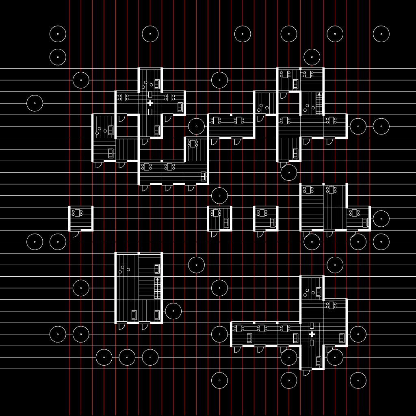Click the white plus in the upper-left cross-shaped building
tap(150, 103)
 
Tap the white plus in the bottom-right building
tap(312, 334)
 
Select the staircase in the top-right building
tap(319, 103)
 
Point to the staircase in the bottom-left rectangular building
tap(157, 288)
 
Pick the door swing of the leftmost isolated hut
tap(75, 234)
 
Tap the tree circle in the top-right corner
tap(381, 34)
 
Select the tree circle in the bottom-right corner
tap(358, 380)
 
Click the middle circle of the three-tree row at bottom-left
tap(127, 357)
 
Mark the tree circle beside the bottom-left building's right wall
tap(173, 311)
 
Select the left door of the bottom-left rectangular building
tap(121, 326)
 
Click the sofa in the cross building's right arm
tap(180, 107)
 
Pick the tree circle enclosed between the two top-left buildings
tap(196, 126)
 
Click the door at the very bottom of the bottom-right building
tap(307, 373)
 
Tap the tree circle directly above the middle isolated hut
tap(219, 196)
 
